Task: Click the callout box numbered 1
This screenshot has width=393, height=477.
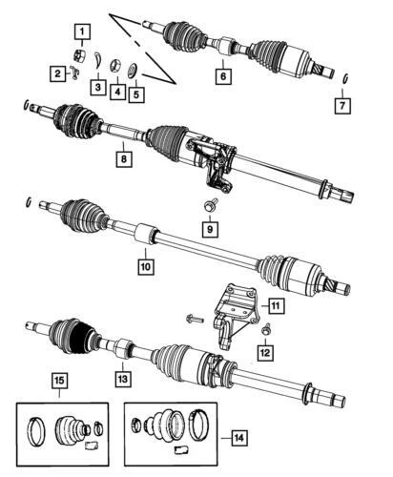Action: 85,36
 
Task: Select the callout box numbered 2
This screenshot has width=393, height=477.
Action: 58,73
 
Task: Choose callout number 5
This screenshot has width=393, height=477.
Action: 138,94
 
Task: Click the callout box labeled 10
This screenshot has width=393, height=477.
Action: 145,268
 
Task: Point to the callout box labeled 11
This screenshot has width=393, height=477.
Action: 275,305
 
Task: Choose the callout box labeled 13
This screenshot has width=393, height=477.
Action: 120,379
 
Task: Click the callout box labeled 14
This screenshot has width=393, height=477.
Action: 238,438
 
